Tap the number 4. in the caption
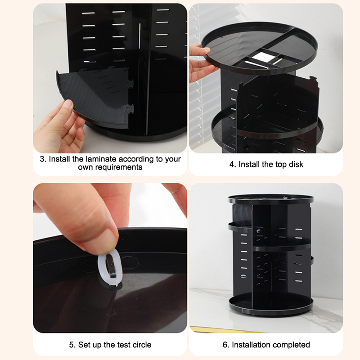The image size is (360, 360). (x=233, y=164)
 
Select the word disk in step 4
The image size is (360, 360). (x=296, y=164)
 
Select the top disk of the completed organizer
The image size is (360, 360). (x=271, y=199)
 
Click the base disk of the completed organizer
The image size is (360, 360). (x=271, y=305)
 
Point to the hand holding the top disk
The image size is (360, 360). (x=200, y=63)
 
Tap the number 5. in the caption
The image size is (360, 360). (x=72, y=345)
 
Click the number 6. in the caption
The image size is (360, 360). (x=226, y=345)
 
